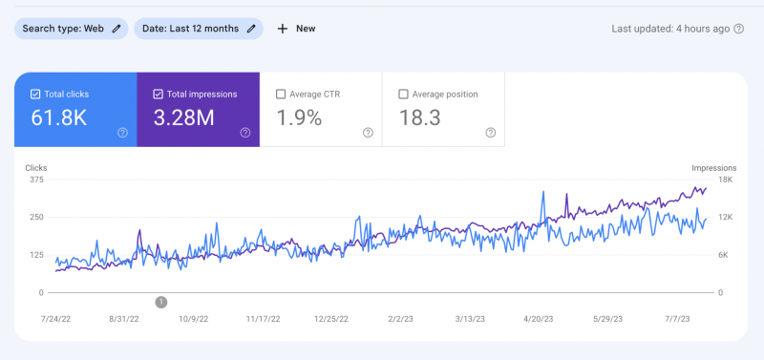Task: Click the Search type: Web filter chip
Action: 71,29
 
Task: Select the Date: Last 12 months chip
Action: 198,29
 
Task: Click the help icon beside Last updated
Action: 738,29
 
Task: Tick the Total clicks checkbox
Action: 35,95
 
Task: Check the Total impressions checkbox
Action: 159,95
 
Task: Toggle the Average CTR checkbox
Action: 281,95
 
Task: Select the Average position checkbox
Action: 403,95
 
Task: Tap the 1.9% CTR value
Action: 299,118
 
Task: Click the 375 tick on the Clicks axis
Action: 36,180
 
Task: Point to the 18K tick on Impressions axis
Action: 725,180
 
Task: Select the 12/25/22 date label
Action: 332,320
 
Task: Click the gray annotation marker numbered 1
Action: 160,302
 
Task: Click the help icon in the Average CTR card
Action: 368,133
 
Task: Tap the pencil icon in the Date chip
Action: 251,29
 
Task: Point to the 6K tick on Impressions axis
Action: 723,255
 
